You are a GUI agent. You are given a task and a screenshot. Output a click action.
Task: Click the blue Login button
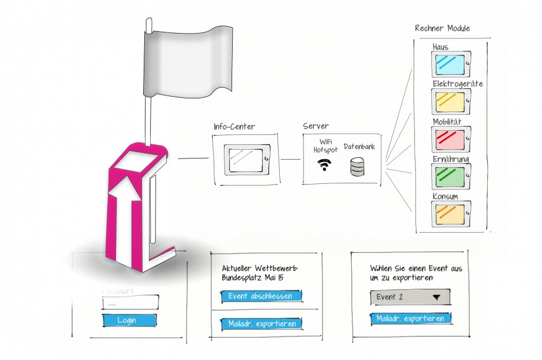click(130, 321)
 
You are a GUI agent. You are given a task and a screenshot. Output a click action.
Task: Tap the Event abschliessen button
click(261, 296)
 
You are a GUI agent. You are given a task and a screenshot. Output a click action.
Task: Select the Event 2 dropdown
click(410, 297)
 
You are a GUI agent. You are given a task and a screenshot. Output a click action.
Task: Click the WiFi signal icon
click(324, 165)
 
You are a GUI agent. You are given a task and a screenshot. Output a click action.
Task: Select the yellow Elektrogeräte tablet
click(451, 101)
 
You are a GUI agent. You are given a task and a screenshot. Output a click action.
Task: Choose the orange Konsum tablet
click(451, 213)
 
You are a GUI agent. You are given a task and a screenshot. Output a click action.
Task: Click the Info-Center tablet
click(247, 159)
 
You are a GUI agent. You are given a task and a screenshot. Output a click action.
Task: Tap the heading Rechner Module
click(442, 29)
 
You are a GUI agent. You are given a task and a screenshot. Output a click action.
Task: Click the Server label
click(316, 127)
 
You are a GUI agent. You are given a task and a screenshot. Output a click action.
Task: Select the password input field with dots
click(130, 303)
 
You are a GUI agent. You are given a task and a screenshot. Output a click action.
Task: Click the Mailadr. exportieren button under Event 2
click(411, 319)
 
